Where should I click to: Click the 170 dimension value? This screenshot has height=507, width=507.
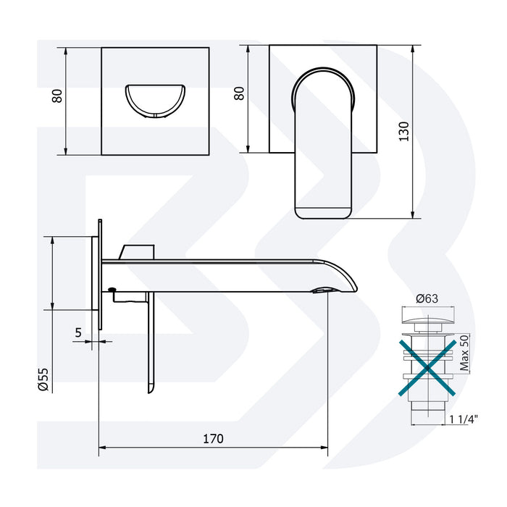[x=213, y=438]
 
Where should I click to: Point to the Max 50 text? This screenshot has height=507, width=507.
[x=465, y=353]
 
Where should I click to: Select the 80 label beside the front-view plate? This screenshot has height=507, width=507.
[x=240, y=93]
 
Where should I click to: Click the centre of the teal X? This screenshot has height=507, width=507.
[x=428, y=367]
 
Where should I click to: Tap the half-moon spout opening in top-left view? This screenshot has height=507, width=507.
[x=155, y=101]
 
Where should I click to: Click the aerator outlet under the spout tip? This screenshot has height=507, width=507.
[x=323, y=290]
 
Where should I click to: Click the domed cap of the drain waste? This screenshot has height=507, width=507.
[x=427, y=318]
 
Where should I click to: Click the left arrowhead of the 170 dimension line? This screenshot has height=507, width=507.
[x=101, y=446]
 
